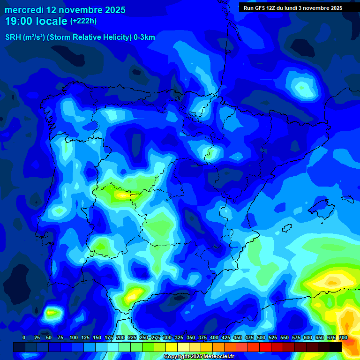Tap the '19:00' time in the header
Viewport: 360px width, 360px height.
click(x=19, y=21)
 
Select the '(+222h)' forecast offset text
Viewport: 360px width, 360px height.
click(x=83, y=21)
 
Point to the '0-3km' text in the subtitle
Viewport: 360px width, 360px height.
click(x=144, y=37)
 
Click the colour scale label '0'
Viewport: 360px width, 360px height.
click(x=24, y=337)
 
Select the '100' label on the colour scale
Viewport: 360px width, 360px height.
click(x=74, y=337)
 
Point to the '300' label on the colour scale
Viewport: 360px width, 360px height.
click(x=167, y=337)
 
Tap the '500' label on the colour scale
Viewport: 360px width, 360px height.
click(x=261, y=337)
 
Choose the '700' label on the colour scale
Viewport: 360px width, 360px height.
click(x=343, y=337)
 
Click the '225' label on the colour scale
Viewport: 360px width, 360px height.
click(x=132, y=337)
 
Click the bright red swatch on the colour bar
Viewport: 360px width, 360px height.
click(x=265, y=347)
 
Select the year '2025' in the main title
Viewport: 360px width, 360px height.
click(x=112, y=10)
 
